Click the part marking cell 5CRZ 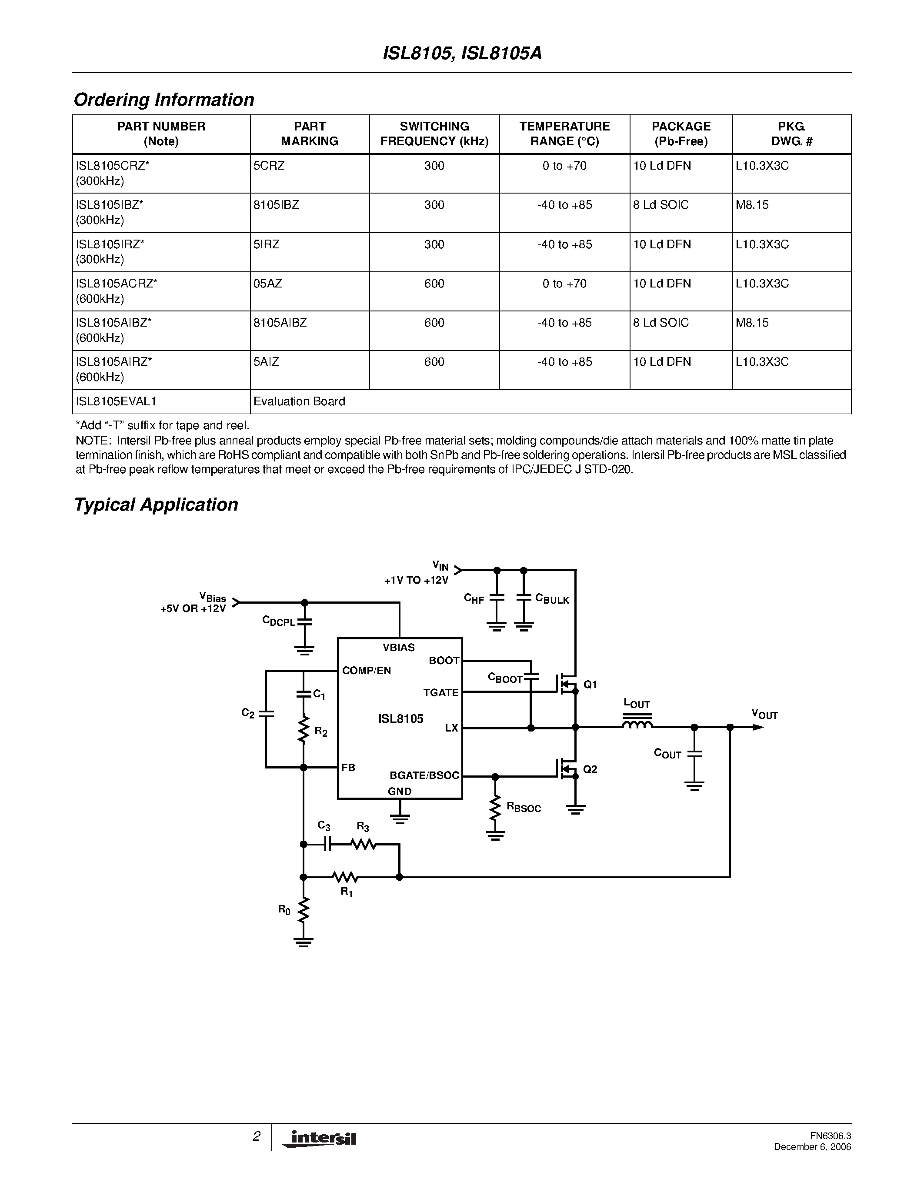(269, 166)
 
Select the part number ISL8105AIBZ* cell (114, 323)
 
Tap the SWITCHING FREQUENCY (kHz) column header (434, 134)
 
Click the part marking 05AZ (268, 284)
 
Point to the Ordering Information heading (163, 100)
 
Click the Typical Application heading (156, 504)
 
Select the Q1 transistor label (590, 685)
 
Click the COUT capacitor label (667, 754)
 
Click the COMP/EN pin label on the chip (366, 671)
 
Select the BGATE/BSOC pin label (424, 775)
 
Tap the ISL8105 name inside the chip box (401, 719)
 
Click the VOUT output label (764, 714)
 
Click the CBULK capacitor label (552, 599)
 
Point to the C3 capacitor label (324, 826)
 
